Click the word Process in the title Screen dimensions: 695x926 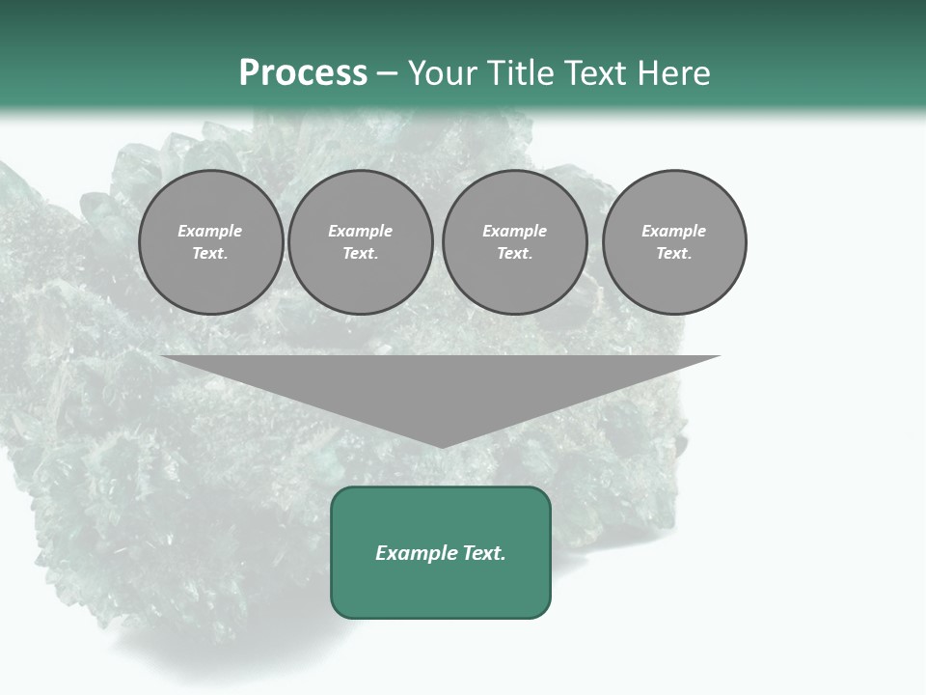click(x=303, y=73)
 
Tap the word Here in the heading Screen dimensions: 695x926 click(x=671, y=73)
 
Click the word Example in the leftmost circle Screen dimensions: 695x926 click(x=210, y=231)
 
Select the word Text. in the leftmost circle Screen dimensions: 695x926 click(x=210, y=254)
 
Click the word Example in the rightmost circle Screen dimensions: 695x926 click(x=673, y=231)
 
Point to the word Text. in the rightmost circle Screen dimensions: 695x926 click(x=673, y=254)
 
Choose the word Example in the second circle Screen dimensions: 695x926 click(x=360, y=231)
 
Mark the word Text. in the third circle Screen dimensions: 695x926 click(x=514, y=254)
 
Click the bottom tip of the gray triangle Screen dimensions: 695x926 click(x=441, y=445)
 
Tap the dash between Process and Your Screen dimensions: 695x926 click(x=387, y=74)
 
